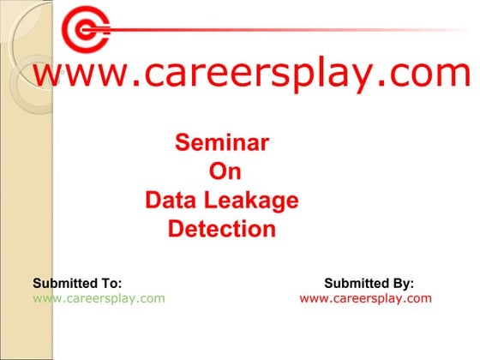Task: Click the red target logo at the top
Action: point(87,32)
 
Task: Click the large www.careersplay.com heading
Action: point(250,75)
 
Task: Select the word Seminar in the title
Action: point(222,142)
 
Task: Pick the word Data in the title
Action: point(170,201)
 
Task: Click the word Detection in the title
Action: point(222,230)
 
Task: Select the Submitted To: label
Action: point(77,283)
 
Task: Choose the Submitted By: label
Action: point(369,283)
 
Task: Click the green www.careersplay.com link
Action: point(99,298)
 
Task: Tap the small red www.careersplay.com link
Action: point(366,298)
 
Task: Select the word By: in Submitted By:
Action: point(401,283)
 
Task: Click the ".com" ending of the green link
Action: point(151,298)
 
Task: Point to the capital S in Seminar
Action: point(182,142)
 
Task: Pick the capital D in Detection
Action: point(176,230)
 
